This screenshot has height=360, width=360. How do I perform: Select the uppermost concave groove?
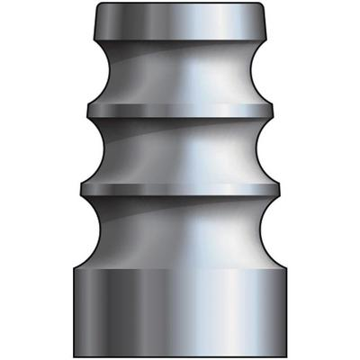(180, 76)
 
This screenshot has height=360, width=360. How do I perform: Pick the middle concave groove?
(180, 148)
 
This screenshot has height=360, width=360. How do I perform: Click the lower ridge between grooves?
(180, 186)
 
